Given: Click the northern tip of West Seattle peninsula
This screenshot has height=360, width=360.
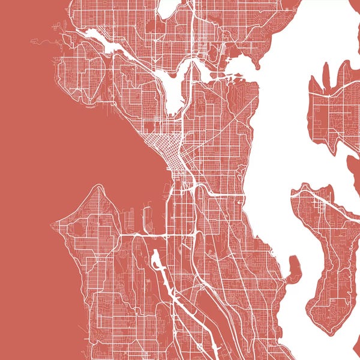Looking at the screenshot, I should coord(96,187).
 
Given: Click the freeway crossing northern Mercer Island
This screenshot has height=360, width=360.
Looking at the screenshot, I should coord(318,201).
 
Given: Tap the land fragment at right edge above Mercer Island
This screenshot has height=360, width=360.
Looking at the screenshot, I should coord(353,165).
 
